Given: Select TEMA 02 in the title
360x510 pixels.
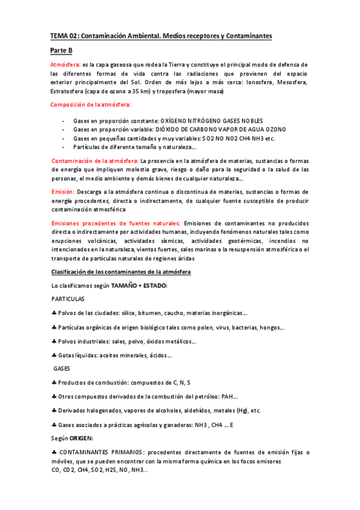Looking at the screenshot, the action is [x=63, y=37].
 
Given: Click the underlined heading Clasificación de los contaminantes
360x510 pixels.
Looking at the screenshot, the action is [x=121, y=272].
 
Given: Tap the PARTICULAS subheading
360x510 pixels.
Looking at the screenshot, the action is [x=67, y=298].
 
